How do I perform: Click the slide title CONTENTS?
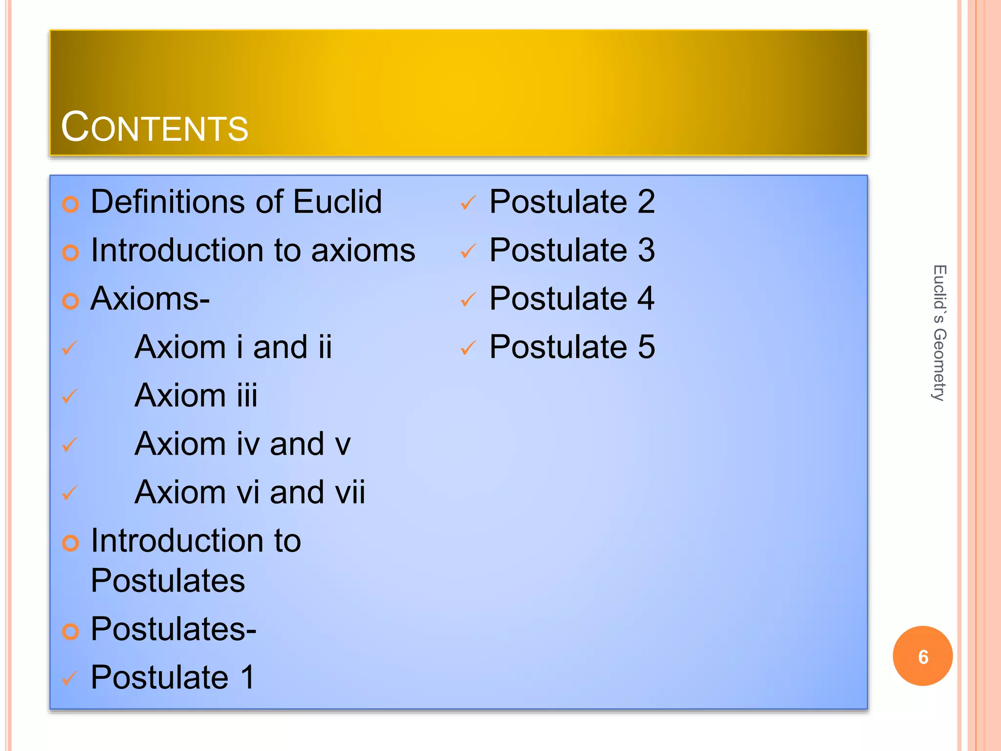tap(154, 127)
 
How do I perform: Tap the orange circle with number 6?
tap(922, 656)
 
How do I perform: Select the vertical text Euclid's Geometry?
tap(939, 333)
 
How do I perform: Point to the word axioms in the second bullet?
tap(363, 250)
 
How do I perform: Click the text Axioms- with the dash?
tap(150, 298)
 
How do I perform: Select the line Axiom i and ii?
tap(233, 347)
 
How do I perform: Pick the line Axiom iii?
tap(196, 395)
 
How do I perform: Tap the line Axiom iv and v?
tap(242, 443)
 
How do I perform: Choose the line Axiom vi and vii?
tap(250, 492)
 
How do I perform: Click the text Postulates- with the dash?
tap(174, 629)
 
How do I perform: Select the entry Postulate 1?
tap(173, 677)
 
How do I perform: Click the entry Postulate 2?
tap(572, 201)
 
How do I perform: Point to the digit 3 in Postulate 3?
tap(646, 250)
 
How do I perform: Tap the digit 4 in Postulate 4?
tap(646, 298)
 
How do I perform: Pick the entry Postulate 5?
tap(572, 347)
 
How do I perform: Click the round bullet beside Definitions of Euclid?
tap(70, 204)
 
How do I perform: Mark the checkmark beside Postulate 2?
tap(468, 203)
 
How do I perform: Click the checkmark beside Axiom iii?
tap(70, 396)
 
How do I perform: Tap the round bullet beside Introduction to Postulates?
tap(70, 543)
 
